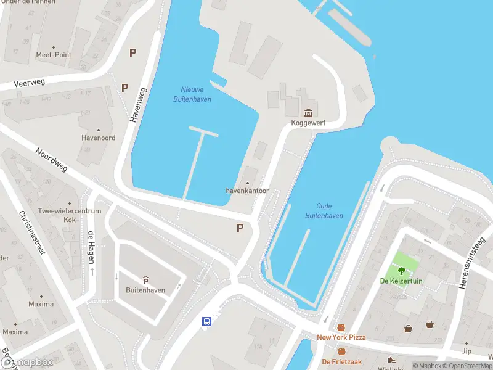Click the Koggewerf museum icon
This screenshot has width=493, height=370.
(x=308, y=112)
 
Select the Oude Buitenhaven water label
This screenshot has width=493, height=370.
(x=324, y=211)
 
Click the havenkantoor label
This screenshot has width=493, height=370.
(x=248, y=191)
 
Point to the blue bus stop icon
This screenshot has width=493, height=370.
(x=207, y=321)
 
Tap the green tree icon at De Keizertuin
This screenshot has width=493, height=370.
(x=402, y=270)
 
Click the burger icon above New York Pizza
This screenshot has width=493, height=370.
(x=341, y=328)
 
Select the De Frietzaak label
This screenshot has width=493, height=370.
(x=341, y=361)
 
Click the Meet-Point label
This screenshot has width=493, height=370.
(x=54, y=55)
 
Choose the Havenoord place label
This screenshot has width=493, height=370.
(x=99, y=138)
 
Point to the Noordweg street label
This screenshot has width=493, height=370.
(x=51, y=160)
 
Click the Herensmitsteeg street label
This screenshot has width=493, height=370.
(x=471, y=258)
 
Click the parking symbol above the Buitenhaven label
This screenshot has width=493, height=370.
(x=145, y=281)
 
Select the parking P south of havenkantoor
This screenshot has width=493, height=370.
(x=240, y=228)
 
